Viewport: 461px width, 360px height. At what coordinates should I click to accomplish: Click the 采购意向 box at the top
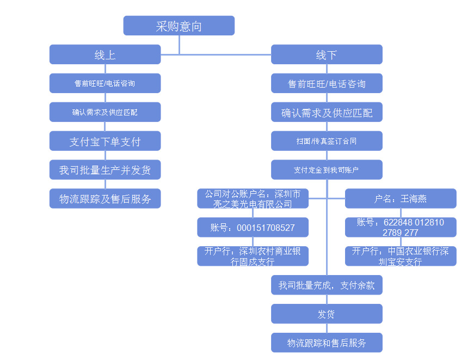tap(179, 26)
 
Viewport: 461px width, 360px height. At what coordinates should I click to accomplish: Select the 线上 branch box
tap(105, 54)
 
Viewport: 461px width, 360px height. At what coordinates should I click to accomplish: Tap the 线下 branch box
tap(327, 54)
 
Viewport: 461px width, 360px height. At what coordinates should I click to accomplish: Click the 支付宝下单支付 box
tap(105, 141)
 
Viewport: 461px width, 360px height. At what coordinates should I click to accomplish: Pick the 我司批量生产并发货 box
tap(105, 170)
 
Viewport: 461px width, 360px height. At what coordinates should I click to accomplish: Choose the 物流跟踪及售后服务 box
tap(105, 199)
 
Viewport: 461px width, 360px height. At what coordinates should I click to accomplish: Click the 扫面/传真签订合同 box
tap(327, 141)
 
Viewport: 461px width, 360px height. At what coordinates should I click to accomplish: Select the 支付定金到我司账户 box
tap(327, 170)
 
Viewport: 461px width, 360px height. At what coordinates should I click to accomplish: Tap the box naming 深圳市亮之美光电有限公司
tap(253, 199)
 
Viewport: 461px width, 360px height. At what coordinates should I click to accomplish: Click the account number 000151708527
tap(253, 228)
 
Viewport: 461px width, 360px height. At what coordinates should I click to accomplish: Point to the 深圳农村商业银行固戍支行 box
tap(253, 256)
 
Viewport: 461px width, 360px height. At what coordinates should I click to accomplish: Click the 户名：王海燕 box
tap(401, 199)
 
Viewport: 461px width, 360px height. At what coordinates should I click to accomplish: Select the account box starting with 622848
tap(401, 228)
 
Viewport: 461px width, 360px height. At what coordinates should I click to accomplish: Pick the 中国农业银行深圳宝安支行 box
tap(401, 256)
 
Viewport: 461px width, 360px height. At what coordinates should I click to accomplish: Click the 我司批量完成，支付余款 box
tap(327, 285)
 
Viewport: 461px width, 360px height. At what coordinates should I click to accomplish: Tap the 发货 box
tap(327, 314)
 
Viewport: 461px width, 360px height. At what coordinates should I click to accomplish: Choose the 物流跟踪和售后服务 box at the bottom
tap(327, 343)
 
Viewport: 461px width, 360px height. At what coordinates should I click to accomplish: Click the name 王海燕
tap(414, 199)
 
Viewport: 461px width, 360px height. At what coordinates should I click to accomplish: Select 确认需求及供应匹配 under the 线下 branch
tap(327, 113)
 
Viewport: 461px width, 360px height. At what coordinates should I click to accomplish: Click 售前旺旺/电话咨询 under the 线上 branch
tap(105, 83)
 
